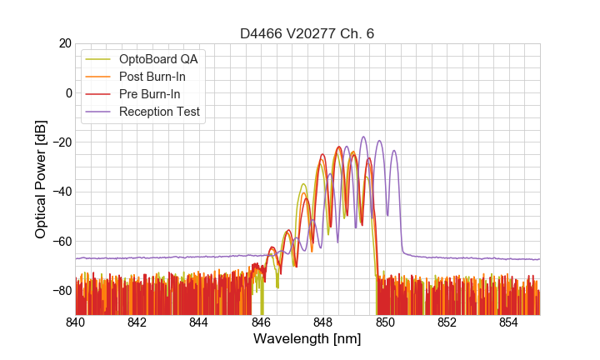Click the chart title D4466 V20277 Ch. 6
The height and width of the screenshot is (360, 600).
click(307, 33)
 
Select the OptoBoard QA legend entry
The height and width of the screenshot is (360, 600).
click(158, 59)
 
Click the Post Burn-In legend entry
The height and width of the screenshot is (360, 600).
click(152, 77)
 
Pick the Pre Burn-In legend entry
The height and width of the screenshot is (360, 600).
click(149, 94)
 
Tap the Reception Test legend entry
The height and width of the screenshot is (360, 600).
click(159, 112)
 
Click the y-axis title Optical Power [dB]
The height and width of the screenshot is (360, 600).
click(40, 178)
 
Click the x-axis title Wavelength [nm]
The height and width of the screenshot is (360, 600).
click(307, 339)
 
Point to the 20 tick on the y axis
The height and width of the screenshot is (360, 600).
click(63, 43)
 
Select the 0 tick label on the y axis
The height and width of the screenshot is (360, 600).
click(67, 92)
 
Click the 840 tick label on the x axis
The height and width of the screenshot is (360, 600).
click(76, 322)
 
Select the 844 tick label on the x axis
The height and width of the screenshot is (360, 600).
click(199, 322)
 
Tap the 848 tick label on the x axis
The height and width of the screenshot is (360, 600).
click(323, 322)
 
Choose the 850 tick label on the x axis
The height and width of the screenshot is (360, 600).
click(385, 322)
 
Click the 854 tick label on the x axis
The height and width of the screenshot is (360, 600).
click(508, 322)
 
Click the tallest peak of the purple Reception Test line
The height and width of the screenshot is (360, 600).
click(363, 137)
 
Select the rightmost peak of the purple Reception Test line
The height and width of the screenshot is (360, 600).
click(394, 151)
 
